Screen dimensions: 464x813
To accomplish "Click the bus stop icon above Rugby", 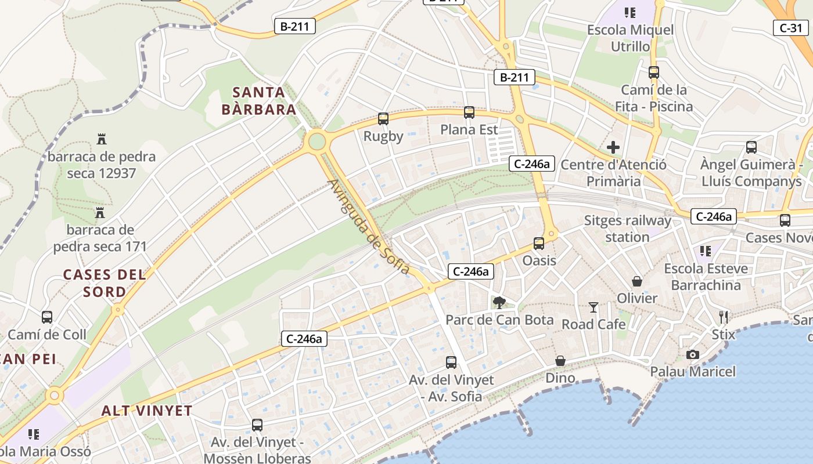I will point(383,119).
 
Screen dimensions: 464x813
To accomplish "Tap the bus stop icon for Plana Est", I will point(469,113).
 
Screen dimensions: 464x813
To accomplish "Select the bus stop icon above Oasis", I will point(539,244).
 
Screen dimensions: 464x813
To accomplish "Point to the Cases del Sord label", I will point(105,282).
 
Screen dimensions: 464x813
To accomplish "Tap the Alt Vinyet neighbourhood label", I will point(147,411).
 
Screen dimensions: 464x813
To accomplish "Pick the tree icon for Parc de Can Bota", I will point(499,302).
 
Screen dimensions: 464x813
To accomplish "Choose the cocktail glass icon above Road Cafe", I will point(593,307).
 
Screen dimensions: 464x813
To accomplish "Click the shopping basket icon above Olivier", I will point(637,281).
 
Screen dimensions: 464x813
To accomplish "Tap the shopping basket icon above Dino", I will point(560,361).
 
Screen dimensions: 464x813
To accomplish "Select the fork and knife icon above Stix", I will point(724,317).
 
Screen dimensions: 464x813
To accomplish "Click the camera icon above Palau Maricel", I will point(692,354).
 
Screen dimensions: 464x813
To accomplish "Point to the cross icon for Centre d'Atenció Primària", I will point(613,147).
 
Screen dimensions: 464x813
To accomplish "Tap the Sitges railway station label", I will point(627,229).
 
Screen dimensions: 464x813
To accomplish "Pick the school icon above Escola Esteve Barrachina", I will point(706,251).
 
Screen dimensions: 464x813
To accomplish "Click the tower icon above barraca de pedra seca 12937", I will point(102,139).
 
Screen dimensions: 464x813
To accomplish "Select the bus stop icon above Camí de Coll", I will point(47,317).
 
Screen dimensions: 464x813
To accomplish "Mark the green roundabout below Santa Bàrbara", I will point(316,141).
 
